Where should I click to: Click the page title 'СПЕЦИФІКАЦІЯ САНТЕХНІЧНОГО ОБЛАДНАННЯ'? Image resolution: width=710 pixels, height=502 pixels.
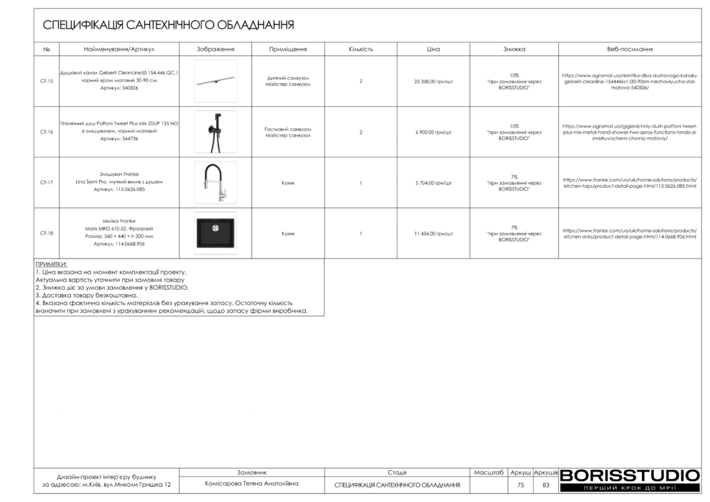point(168,25)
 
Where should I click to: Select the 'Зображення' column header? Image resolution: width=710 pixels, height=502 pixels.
point(215,49)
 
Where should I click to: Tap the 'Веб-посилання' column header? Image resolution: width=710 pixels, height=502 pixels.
point(630,49)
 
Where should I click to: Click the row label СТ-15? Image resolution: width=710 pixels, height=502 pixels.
point(46,81)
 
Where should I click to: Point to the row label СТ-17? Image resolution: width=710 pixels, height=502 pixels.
point(46,182)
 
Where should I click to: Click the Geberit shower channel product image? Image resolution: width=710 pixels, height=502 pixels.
point(215,81)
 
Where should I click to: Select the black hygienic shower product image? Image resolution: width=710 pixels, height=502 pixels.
point(215,132)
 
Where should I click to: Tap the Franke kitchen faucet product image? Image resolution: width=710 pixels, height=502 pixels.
point(215,182)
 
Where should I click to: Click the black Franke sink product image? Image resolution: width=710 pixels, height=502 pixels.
point(215,233)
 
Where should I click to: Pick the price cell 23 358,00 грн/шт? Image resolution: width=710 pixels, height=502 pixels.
point(433,81)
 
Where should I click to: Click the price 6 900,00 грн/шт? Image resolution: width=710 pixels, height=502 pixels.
point(433,132)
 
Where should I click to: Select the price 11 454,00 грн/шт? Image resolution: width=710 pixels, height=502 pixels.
point(433,234)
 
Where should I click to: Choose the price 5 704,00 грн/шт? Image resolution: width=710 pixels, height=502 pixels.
point(433,183)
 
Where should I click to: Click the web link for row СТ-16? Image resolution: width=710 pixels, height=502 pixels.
point(630,132)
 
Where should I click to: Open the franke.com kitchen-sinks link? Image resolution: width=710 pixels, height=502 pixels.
point(630,234)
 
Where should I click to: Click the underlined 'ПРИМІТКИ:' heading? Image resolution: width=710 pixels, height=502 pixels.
point(51,264)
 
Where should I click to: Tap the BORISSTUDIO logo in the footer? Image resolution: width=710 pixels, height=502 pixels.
point(630,476)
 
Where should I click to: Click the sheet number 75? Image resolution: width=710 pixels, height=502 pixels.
point(521,485)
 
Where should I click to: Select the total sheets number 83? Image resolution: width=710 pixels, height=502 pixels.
point(546,485)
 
